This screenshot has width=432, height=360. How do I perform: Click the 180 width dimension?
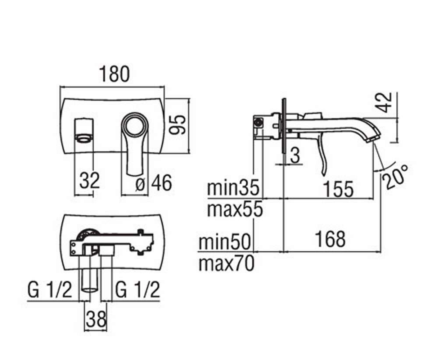[114, 74]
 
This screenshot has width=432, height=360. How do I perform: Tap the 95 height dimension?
[177, 125]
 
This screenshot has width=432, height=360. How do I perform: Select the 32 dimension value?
[90, 181]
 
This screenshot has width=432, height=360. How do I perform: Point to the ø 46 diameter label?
[154, 183]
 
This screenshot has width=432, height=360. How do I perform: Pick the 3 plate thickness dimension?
[295, 156]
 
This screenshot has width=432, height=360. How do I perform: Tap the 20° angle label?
[396, 177]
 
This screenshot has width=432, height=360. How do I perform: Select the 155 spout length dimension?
[339, 189]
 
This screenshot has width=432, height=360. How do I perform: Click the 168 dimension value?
[330, 239]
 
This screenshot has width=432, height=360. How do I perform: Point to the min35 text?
[233, 188]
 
